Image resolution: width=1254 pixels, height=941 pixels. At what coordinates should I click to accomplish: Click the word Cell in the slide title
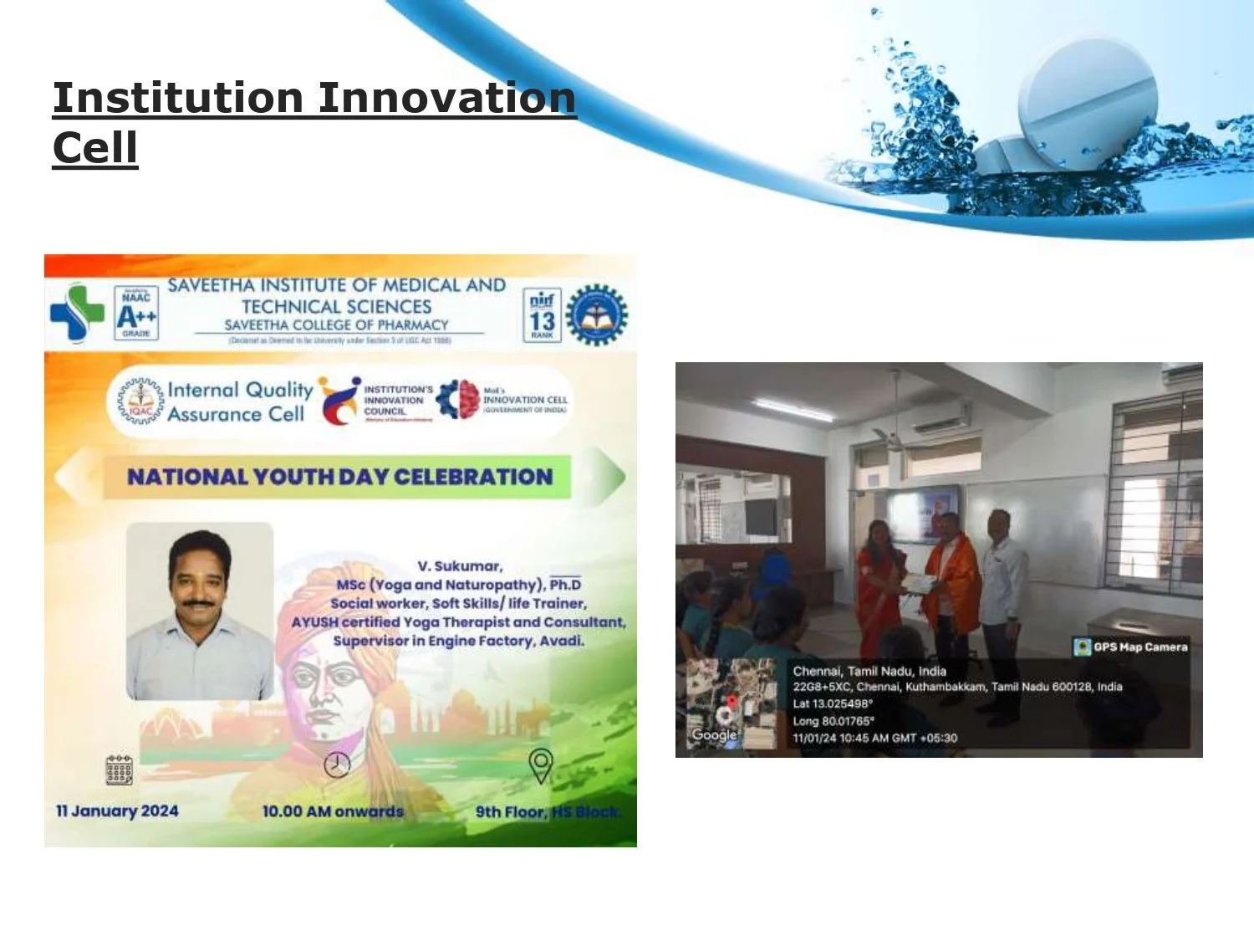(x=95, y=148)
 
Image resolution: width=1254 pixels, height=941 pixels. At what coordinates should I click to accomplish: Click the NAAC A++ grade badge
(x=136, y=314)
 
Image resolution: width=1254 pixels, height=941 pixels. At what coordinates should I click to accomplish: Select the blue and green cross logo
(x=77, y=313)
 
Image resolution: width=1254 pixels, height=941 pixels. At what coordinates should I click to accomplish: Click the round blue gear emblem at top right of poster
(x=596, y=315)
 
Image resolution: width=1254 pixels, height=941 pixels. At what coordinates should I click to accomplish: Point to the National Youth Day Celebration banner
(x=339, y=477)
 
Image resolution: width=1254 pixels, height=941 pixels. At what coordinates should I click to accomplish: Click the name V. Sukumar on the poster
(x=459, y=566)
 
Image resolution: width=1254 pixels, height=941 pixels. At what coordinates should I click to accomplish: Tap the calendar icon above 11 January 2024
(x=119, y=770)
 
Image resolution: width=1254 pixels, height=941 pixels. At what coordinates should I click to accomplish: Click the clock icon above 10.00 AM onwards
(x=337, y=765)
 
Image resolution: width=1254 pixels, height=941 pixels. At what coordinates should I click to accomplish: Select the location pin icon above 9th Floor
(x=541, y=765)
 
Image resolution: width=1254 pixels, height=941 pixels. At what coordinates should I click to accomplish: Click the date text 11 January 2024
(x=117, y=811)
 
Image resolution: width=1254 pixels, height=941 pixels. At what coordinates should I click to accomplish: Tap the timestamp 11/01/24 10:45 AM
(x=874, y=738)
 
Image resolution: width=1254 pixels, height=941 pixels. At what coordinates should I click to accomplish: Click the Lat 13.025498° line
(x=832, y=703)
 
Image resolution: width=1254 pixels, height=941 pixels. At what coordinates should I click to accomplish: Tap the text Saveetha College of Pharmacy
(x=336, y=325)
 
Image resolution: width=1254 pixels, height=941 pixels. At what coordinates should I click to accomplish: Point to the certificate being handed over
(x=918, y=582)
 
